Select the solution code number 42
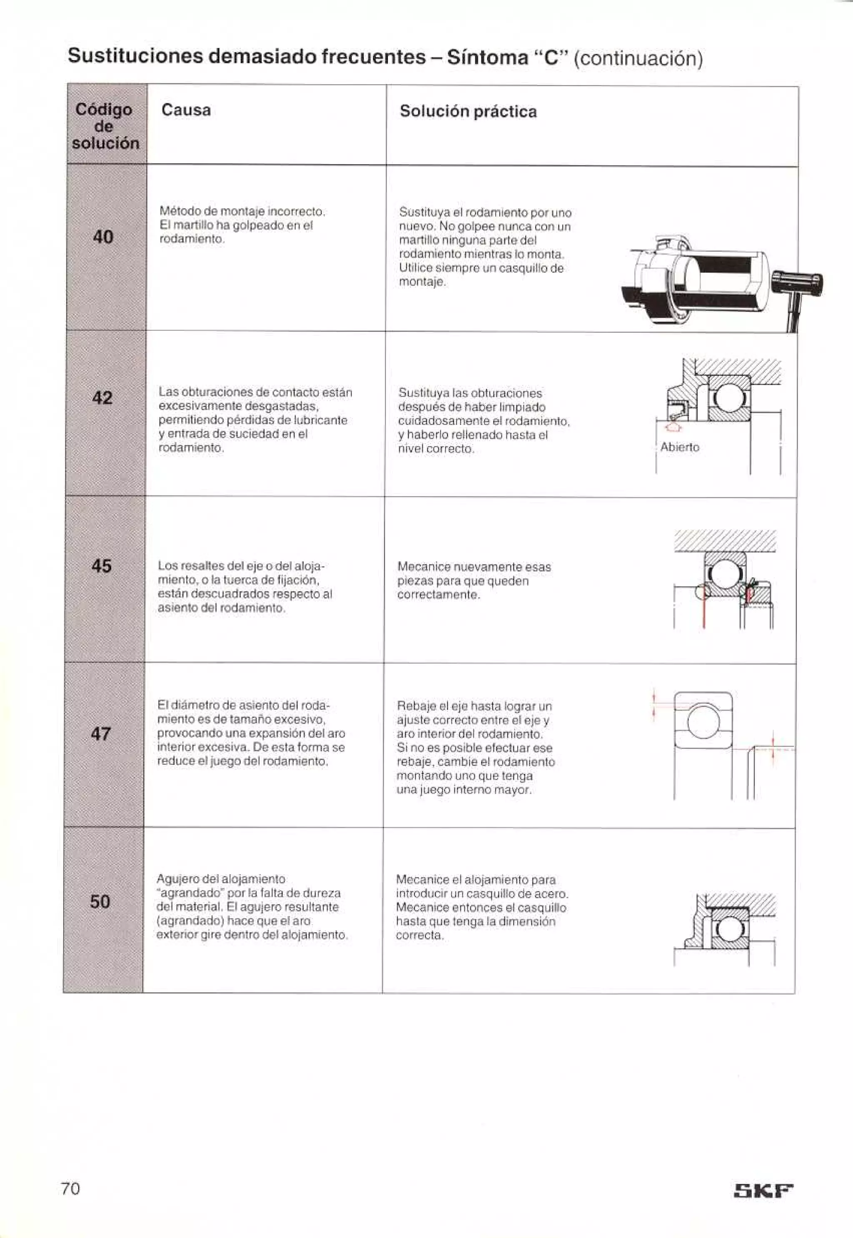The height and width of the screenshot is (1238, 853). click(x=102, y=398)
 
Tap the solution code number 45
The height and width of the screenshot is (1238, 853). click(x=102, y=566)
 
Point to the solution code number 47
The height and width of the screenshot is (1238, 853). click(x=100, y=734)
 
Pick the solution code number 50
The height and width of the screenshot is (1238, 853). click(x=100, y=902)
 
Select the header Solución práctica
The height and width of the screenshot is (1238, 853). click(x=468, y=112)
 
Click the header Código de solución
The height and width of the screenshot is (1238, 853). click(x=105, y=126)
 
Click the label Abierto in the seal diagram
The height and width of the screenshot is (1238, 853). click(x=679, y=447)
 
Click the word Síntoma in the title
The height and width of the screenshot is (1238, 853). click(x=487, y=57)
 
